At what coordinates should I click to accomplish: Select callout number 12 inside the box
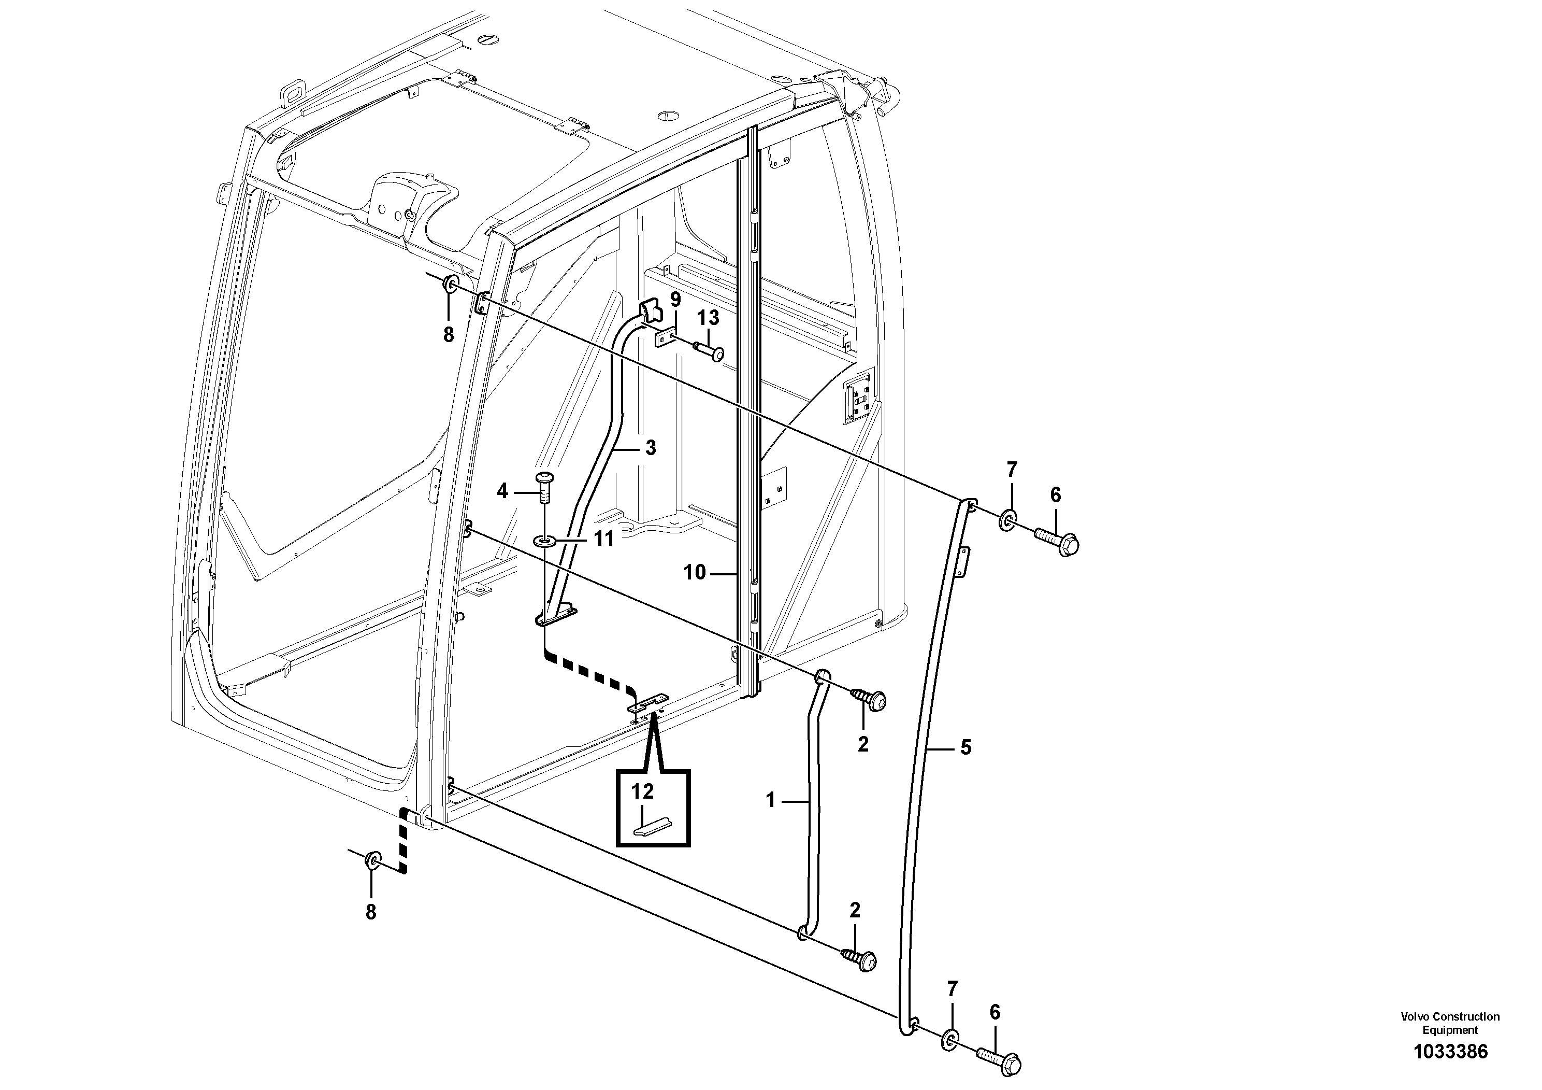642,791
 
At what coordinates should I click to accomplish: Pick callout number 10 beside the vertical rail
695,573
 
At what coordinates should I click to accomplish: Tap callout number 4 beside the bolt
502,491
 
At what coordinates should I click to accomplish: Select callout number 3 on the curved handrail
650,448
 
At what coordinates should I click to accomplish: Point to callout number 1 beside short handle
770,800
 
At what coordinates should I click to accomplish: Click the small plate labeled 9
666,337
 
